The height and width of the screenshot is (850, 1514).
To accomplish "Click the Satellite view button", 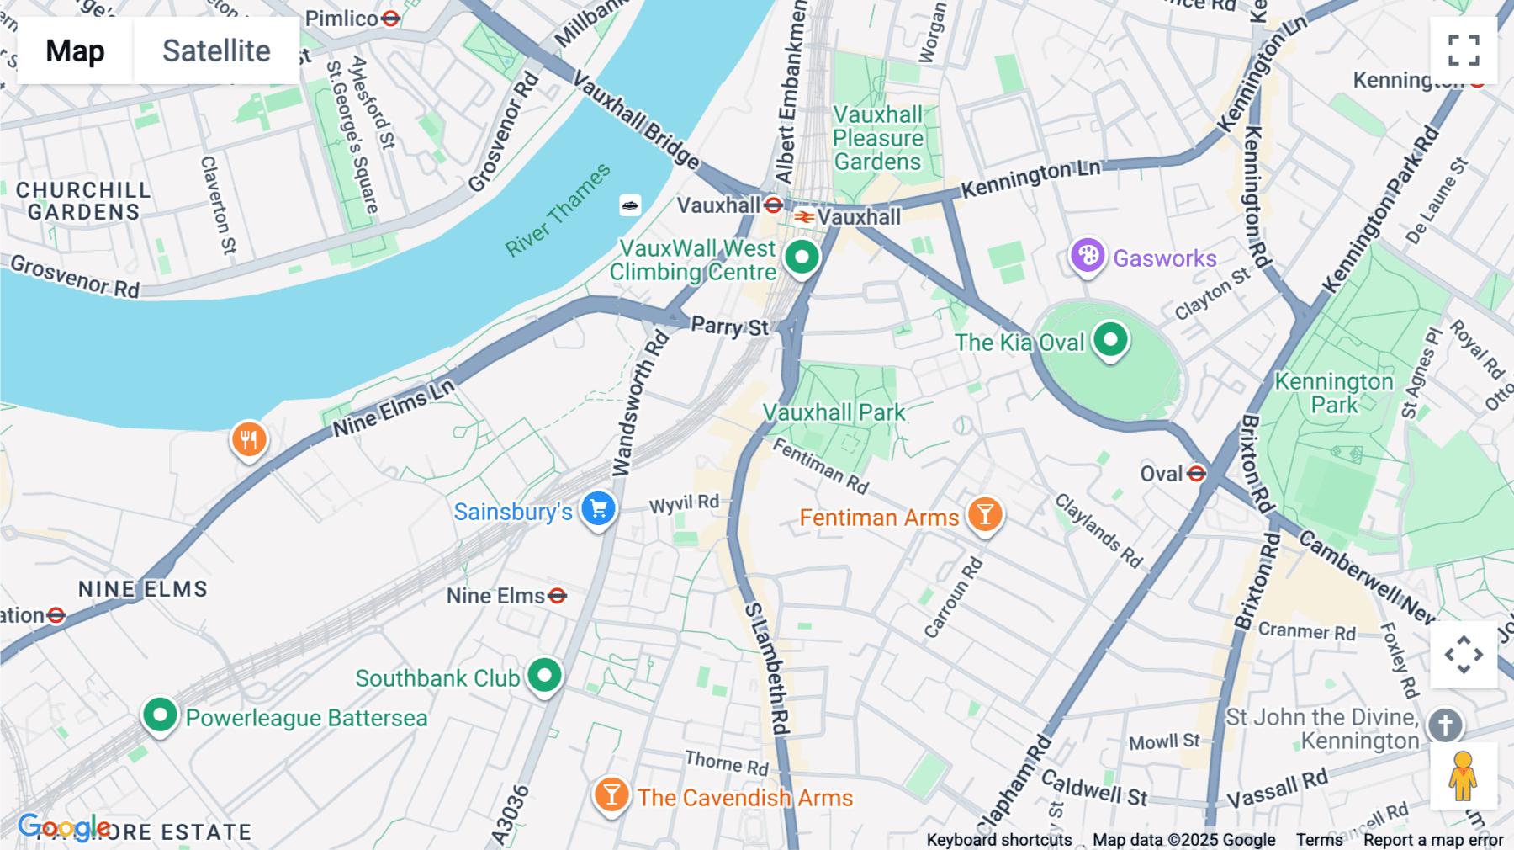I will coord(216,50).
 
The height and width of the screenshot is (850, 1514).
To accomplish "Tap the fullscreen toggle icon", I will coord(1464,50).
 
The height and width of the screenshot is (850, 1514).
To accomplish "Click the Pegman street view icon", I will coord(1463,776).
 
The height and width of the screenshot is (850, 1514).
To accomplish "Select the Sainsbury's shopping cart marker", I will coord(599,508).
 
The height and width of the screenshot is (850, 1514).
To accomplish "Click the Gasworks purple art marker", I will coord(1087,255).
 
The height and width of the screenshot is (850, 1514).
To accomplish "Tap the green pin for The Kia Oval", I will coord(1110,340).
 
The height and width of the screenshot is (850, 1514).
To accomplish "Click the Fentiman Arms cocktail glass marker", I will coord(985,513).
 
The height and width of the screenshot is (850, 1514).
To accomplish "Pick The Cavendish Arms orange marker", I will coord(611,794).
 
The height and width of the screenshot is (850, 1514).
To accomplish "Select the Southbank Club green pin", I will coord(545,675).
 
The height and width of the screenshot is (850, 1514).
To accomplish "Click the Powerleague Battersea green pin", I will coord(160,715).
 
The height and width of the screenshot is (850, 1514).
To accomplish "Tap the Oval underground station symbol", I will coord(1196,474).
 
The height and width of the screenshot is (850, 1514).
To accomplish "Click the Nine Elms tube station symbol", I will coord(557,596).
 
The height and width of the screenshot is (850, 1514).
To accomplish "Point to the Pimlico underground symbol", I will coord(390,18).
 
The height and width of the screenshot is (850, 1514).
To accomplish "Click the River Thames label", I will coord(557,210).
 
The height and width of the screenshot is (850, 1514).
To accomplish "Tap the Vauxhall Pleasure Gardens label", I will coord(877,138).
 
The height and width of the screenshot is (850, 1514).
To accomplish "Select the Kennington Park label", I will coord(1334,393).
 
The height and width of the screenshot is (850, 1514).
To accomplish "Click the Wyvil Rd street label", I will coord(684,504).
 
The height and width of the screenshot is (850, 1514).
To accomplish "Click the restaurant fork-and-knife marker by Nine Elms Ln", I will coord(249,438).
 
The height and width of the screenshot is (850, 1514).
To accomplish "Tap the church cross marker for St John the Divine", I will coord(1445,725).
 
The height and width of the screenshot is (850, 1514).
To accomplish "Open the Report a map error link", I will coord(1432,840).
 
